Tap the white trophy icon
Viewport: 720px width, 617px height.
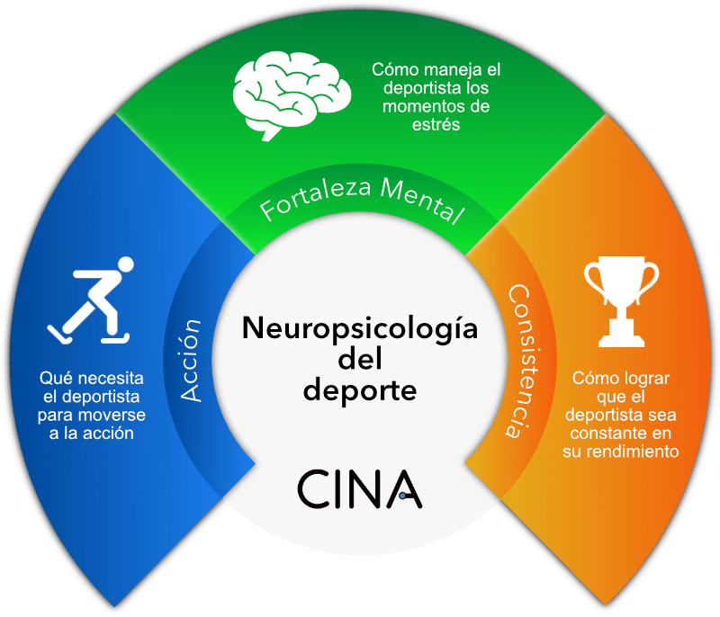click(x=621, y=301)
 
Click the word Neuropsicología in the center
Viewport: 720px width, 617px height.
click(x=359, y=329)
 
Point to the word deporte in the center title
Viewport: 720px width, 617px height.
click(x=359, y=392)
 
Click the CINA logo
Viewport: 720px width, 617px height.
click(x=359, y=488)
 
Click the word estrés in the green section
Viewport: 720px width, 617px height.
click(x=436, y=125)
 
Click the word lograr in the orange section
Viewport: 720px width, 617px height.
click(x=643, y=379)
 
